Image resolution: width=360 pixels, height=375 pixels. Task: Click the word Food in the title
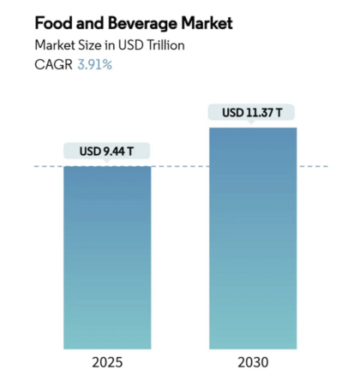52,21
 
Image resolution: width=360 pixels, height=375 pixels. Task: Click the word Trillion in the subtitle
163,44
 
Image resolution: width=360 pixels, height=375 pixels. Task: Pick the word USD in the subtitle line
131,44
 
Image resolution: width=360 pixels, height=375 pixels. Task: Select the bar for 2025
107,257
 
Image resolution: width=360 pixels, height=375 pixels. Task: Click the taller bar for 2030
253,240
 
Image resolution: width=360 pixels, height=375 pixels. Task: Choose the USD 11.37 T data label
253,112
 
